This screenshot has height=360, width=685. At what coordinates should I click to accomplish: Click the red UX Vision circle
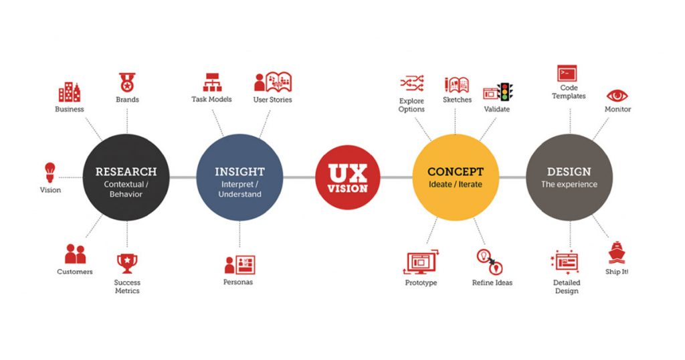click(348, 177)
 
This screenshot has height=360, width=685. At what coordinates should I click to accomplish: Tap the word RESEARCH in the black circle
click(126, 172)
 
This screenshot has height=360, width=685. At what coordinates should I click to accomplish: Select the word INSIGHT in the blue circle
click(239, 172)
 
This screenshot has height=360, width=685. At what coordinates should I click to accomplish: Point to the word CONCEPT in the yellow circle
click(455, 172)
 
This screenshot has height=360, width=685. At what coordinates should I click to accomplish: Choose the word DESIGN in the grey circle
click(569, 172)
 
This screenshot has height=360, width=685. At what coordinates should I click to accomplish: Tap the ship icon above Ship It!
click(616, 252)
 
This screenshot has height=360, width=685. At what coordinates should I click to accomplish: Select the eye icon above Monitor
click(617, 96)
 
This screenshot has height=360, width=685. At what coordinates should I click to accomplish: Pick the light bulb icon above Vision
click(50, 172)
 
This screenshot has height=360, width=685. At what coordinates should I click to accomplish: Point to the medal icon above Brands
click(127, 82)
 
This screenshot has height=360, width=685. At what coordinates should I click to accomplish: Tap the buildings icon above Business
click(70, 92)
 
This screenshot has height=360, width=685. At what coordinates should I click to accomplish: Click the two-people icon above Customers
click(75, 254)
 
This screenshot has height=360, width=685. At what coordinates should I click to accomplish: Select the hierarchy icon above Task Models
click(212, 82)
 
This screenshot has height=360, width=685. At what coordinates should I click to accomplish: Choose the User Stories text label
click(273, 100)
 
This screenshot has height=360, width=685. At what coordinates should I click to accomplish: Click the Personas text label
click(238, 282)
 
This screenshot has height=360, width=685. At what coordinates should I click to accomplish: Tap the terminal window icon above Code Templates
click(567, 74)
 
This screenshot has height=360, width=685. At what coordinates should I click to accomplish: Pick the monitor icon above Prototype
click(421, 262)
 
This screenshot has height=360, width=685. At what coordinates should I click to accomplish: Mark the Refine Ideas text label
click(492, 282)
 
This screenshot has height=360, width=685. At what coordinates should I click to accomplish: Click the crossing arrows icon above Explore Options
click(412, 83)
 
